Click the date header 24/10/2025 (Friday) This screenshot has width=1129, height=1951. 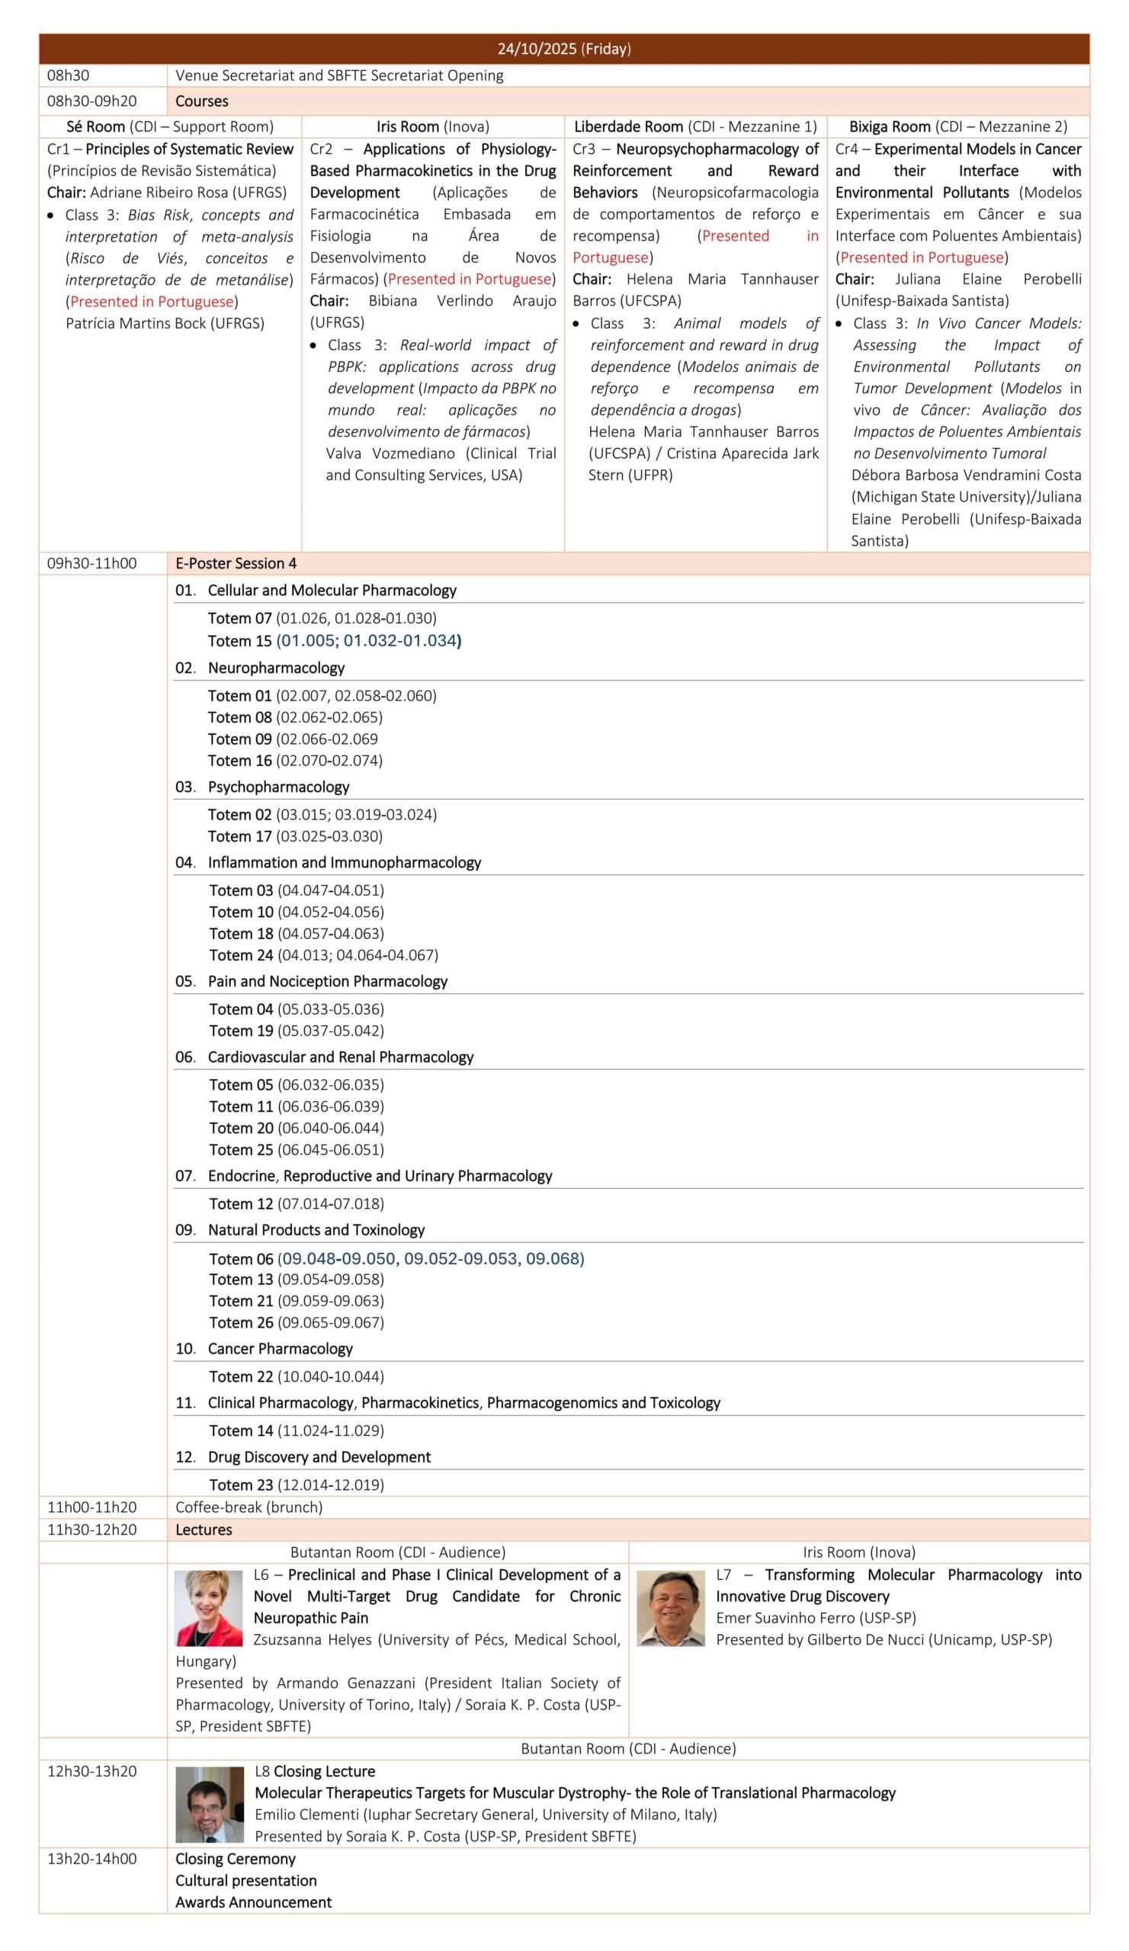click(563, 49)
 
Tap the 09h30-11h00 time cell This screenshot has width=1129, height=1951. click(91, 563)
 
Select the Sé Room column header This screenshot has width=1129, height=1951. click(169, 127)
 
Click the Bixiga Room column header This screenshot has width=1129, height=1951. click(958, 127)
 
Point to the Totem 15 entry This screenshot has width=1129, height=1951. click(334, 640)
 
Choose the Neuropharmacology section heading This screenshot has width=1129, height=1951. click(276, 668)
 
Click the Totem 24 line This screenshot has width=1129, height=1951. click(323, 955)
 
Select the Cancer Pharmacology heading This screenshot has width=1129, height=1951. click(280, 1348)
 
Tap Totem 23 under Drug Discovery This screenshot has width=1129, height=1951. click(297, 1484)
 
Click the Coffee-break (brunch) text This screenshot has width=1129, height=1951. click(249, 1507)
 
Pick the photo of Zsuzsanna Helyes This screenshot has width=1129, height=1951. click(208, 1607)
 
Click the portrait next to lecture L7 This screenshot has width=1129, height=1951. click(671, 1607)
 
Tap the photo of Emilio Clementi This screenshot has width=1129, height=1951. click(209, 1804)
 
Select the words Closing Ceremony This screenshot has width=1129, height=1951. click(236, 1859)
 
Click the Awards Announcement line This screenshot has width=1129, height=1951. click(253, 1902)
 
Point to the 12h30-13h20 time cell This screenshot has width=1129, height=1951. click(91, 1770)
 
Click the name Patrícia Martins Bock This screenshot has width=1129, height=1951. click(164, 323)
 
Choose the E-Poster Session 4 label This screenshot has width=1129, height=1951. click(236, 563)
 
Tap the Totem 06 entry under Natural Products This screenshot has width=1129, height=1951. click(396, 1258)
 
